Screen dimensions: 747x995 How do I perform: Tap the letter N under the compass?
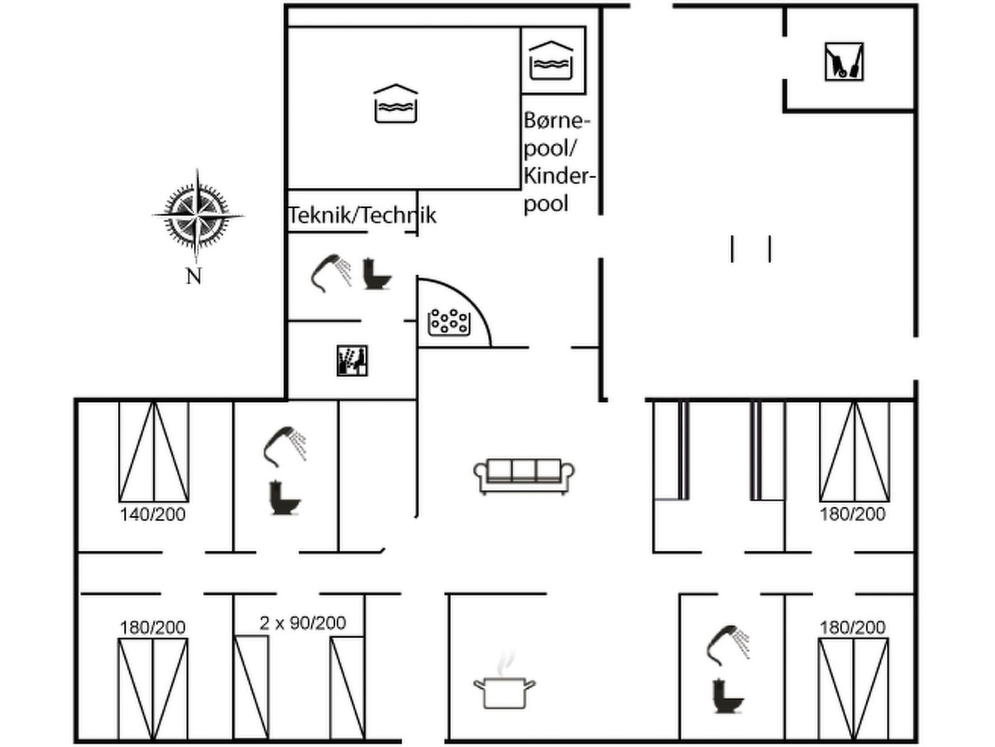tap(194, 276)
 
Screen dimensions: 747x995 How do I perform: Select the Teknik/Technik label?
tap(362, 215)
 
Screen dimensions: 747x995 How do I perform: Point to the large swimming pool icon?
tap(396, 103)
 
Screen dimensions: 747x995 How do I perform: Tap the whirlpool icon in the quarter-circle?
tap(448, 321)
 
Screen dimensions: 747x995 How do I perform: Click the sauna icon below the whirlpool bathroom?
tap(352, 360)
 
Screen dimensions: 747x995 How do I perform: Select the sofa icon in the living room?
tap(524, 476)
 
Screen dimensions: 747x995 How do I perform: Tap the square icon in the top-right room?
tap(844, 61)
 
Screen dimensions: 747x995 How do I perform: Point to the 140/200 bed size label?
tap(152, 514)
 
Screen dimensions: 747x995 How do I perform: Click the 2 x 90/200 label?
tap(302, 623)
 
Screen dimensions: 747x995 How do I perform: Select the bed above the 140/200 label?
tap(154, 452)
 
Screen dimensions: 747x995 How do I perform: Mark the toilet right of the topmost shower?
tap(377, 274)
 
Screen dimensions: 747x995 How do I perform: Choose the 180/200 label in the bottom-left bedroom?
tap(152, 627)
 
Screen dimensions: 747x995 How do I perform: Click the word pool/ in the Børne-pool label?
tap(551, 148)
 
